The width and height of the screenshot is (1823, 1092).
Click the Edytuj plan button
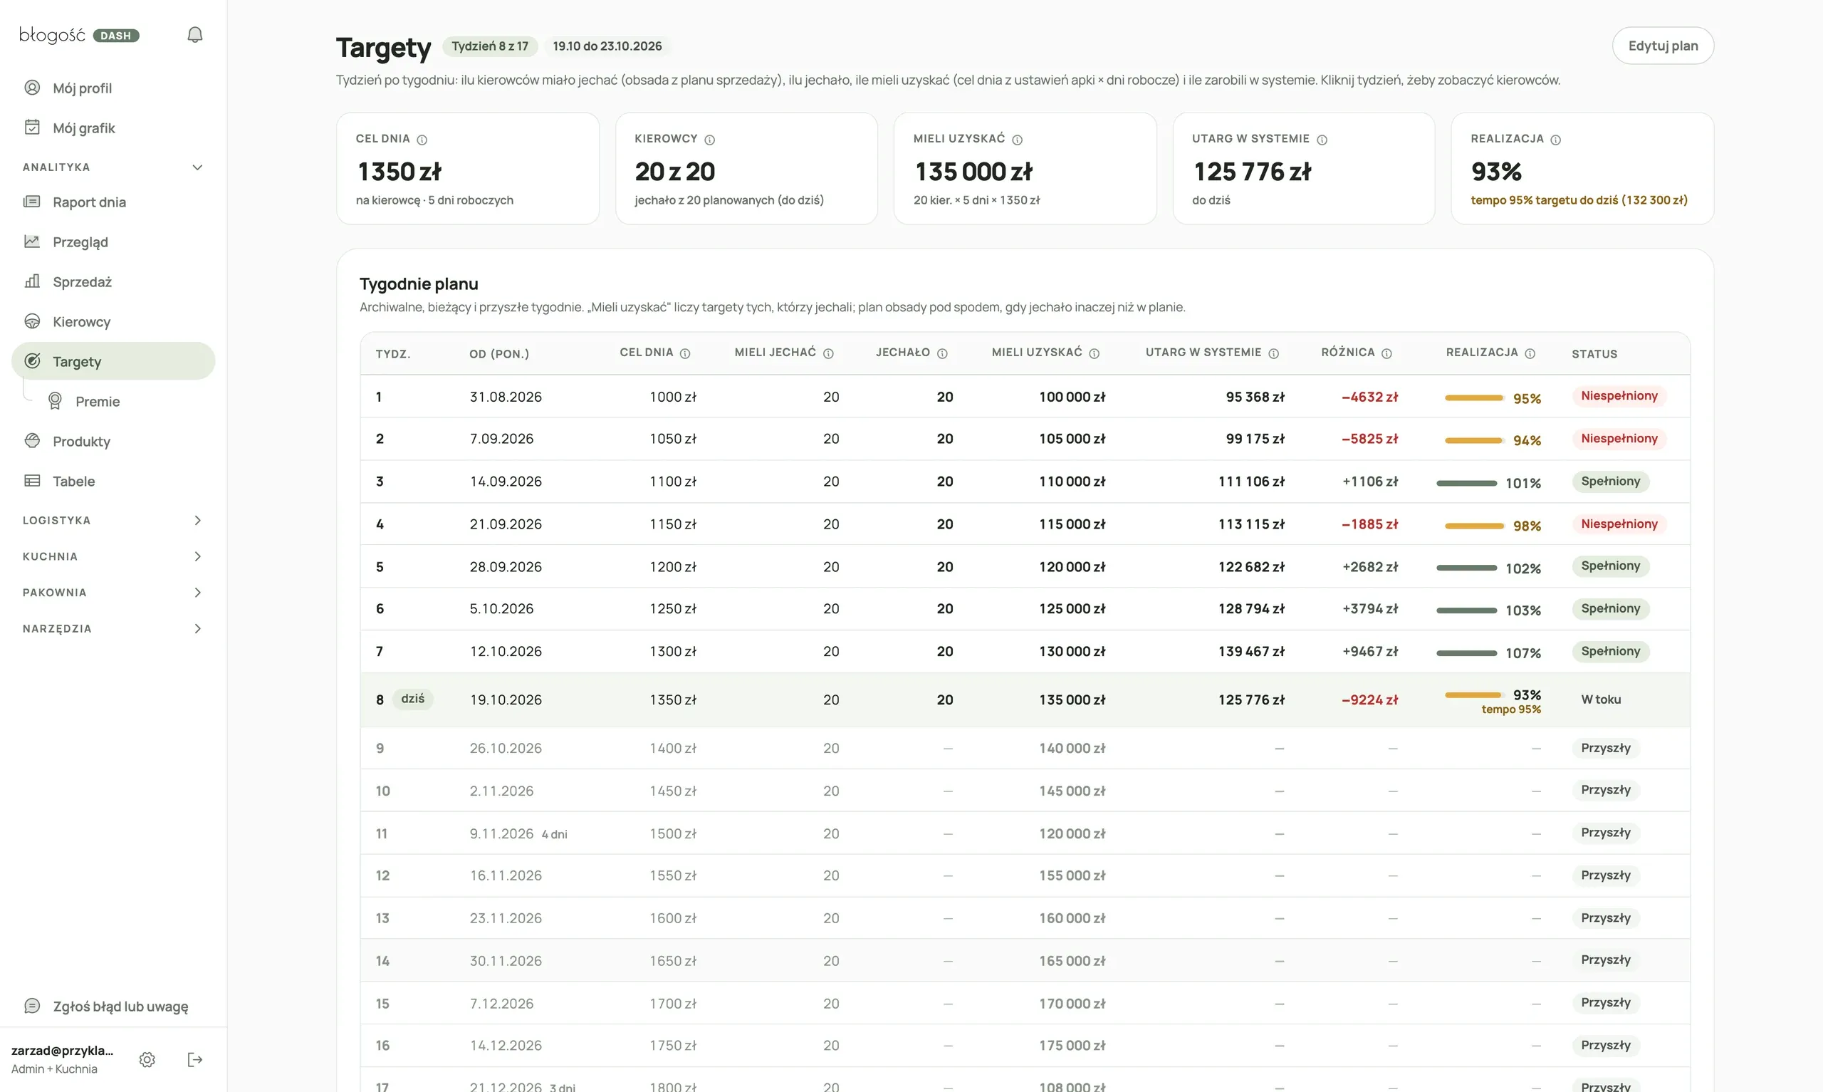(1662, 46)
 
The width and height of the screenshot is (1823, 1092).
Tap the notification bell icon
(195, 35)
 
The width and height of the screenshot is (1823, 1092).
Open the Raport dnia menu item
(89, 202)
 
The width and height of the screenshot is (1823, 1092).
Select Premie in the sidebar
(97, 401)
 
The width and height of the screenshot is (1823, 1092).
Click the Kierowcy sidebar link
(81, 321)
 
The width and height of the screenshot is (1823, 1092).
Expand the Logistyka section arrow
(197, 520)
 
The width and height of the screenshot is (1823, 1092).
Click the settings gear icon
(147, 1060)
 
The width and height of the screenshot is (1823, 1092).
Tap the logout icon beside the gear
(195, 1060)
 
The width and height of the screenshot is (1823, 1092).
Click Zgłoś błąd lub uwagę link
(120, 1006)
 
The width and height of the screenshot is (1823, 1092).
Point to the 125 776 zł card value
(1252, 172)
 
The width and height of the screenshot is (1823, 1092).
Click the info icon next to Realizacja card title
(1555, 140)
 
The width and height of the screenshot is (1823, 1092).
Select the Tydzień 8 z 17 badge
(490, 46)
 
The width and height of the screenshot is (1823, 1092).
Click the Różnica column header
(1348, 353)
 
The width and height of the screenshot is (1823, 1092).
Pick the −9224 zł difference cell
(1369, 700)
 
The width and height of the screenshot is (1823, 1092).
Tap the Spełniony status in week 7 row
(1611, 651)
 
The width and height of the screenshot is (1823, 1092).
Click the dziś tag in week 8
(412, 698)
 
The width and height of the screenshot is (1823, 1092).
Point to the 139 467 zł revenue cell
(1251, 651)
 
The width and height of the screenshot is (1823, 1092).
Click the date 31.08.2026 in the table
(505, 397)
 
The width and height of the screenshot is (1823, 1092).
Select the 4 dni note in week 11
(555, 834)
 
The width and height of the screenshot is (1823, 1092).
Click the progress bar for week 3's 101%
(1466, 483)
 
